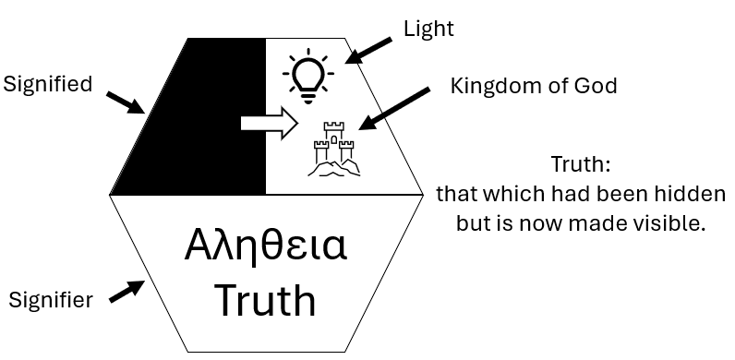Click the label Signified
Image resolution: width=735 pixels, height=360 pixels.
tap(47, 85)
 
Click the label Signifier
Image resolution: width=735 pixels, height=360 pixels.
tap(51, 299)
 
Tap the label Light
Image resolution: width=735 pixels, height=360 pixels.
tap(429, 29)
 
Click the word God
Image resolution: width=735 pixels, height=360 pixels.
tap(598, 86)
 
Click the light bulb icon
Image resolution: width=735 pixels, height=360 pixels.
tap(308, 76)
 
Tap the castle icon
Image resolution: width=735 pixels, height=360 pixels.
tap(333, 149)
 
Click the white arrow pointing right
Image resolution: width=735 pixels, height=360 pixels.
tap(270, 123)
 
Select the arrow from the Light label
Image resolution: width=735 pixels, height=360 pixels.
tap(368, 51)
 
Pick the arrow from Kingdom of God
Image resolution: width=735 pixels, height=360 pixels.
tap(393, 109)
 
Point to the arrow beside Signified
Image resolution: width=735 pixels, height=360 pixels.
tap(126, 102)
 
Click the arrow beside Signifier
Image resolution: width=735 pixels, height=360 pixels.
tap(127, 291)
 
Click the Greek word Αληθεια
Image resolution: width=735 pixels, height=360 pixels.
tap(266, 246)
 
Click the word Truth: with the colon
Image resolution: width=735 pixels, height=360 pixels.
tap(580, 164)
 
